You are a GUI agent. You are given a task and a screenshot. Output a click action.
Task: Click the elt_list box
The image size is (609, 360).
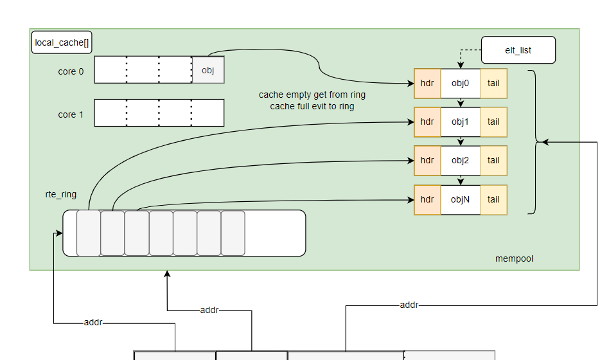518,50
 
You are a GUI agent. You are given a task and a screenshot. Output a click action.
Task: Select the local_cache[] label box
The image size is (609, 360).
62,43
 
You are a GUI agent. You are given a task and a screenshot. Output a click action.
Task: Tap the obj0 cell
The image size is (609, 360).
461,83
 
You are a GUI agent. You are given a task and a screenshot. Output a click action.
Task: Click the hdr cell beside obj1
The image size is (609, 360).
427,122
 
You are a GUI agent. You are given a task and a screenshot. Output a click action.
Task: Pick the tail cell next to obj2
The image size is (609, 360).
493,160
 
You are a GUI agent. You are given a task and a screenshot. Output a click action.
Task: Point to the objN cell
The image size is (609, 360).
461,199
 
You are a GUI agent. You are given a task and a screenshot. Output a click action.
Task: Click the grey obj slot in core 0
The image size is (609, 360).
208,70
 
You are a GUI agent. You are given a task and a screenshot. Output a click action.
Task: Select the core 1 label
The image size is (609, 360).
71,114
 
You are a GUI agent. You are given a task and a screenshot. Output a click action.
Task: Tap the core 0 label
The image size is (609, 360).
71,71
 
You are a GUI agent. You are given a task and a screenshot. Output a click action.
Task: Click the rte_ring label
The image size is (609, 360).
60,194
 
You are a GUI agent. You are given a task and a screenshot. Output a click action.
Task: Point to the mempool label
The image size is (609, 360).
514,258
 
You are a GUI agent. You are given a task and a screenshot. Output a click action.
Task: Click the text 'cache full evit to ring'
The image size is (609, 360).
312,106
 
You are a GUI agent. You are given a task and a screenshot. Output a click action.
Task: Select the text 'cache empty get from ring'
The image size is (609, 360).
312,94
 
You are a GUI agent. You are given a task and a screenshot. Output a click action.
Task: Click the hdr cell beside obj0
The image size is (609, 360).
427,83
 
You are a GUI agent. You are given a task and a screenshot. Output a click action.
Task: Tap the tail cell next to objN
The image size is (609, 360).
493,199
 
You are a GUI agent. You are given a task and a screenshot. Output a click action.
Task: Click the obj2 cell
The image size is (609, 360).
461,160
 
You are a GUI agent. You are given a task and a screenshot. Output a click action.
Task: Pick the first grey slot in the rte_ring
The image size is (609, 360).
89,233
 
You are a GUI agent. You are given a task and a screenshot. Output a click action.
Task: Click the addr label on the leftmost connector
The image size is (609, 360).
93,322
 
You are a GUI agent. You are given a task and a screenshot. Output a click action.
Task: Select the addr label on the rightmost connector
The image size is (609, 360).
409,305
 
